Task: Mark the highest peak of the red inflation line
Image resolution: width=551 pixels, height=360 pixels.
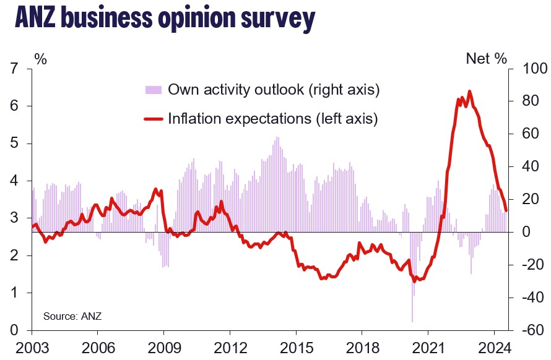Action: (469, 92)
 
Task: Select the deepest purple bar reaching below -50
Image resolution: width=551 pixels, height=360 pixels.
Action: (412, 322)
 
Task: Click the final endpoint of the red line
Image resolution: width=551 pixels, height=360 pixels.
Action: (506, 210)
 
